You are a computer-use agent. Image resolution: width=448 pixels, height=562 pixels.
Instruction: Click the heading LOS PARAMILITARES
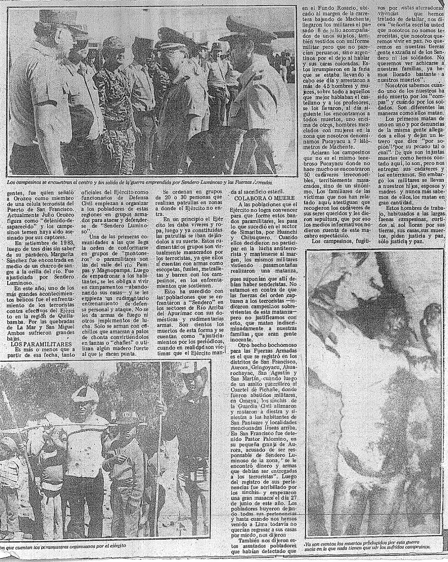pos(37,344)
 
